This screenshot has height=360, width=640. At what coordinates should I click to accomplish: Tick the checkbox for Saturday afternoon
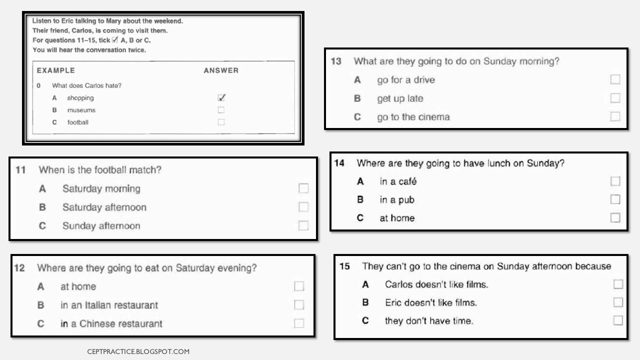coord(303,207)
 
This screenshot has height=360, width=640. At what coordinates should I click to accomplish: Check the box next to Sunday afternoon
coord(303,225)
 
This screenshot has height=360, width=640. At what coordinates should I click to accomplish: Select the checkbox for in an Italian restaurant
coord(299,305)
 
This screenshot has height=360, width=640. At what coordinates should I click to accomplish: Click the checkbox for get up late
coord(615,98)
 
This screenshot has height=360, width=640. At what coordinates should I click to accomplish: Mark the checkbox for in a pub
coord(615,199)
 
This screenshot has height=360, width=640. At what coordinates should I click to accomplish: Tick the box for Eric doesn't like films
coord(618,302)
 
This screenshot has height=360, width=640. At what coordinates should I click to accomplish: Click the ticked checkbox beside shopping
coord(221,98)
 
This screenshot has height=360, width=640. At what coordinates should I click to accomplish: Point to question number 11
coord(20,170)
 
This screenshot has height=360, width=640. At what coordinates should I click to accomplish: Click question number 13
coord(336,61)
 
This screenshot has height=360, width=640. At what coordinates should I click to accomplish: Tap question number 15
coord(344,266)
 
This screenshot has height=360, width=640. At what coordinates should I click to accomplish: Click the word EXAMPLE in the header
coord(55,70)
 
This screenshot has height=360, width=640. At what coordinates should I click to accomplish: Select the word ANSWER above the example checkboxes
coord(221,70)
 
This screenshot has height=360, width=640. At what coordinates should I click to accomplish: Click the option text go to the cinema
coord(413,117)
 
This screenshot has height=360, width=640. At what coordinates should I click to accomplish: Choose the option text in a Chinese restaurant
coord(111,323)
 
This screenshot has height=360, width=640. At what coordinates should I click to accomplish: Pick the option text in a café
coord(398,181)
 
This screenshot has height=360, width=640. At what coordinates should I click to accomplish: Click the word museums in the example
coord(81,110)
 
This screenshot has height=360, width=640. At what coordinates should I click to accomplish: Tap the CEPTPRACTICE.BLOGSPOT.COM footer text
coord(138,351)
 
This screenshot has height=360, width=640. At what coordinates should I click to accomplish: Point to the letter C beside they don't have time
coord(365,320)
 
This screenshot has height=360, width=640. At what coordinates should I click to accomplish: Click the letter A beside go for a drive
coord(357,80)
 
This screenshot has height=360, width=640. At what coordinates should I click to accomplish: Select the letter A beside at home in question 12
coord(40,286)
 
